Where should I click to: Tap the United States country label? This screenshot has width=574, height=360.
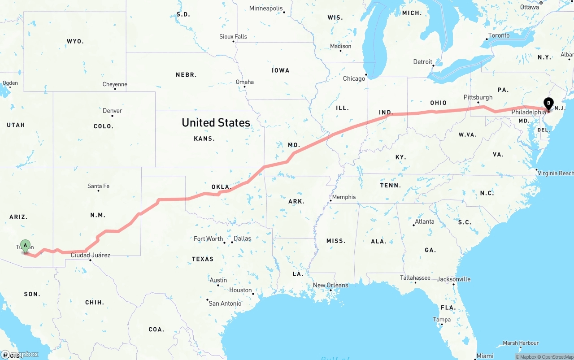pos(216,122)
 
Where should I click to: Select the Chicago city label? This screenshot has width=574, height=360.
pos(354,78)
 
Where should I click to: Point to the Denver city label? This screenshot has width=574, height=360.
pos(112,111)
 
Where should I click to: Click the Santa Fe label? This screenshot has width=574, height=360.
pos(98,186)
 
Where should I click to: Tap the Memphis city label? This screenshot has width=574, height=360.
pos(344,197)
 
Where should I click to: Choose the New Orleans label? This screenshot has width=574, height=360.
pos(330,285)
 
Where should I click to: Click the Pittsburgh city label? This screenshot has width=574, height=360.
pos(478,97)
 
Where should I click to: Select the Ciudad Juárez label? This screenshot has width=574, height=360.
pos(90,255)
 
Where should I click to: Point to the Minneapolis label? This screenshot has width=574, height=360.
pos(266,9)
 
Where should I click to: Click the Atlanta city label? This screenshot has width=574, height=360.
pos(424,221)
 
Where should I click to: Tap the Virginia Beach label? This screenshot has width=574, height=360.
pos(556,173)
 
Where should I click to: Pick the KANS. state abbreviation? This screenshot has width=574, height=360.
pos(204,139)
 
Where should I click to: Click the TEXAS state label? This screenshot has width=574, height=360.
pos(203,259)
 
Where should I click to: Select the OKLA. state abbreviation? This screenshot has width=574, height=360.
pos(221,187)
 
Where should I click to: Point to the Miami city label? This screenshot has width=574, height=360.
pos(485,356)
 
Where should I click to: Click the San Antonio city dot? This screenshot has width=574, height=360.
pos(207,300)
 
